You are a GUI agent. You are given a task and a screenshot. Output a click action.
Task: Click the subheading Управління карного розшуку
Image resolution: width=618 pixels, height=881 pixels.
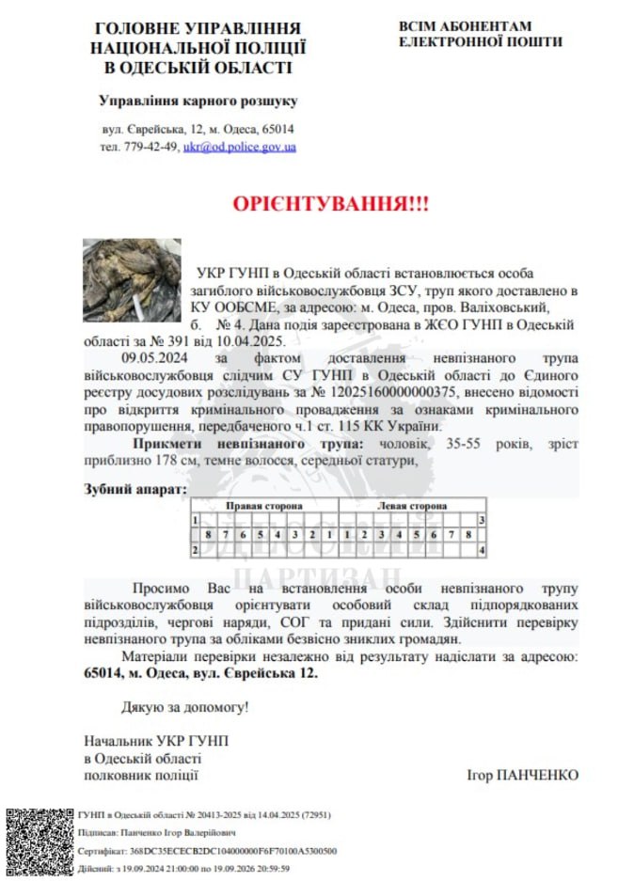(x=198, y=100)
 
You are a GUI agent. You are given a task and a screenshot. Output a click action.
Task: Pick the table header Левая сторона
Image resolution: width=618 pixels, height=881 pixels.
(x=410, y=506)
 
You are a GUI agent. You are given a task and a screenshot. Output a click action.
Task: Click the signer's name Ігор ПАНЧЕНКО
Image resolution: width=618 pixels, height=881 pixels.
(x=522, y=776)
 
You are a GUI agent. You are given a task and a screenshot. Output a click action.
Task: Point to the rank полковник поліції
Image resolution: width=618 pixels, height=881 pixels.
(x=141, y=776)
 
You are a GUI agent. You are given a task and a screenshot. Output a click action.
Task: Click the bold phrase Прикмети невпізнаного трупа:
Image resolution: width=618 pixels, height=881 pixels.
(x=241, y=444)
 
